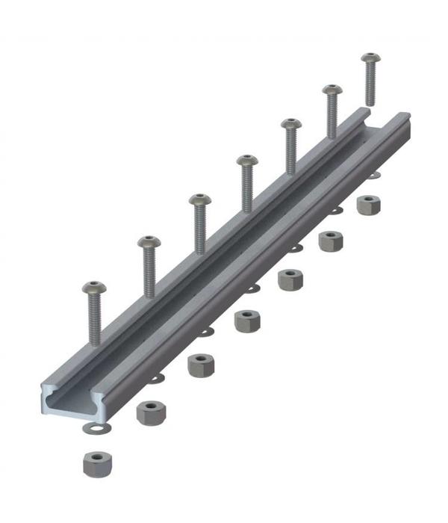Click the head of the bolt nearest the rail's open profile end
click(94, 288)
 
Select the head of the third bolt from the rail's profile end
click(199, 199)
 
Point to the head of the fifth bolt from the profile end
click(290, 124)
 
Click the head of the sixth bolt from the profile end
click(332, 90)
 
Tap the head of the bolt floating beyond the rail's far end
click(370, 58)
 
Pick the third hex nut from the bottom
click(200, 365)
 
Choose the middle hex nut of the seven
click(246, 321)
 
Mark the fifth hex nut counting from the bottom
click(290, 280)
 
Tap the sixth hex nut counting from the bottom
click(330, 241)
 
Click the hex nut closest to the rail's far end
click(367, 205)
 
